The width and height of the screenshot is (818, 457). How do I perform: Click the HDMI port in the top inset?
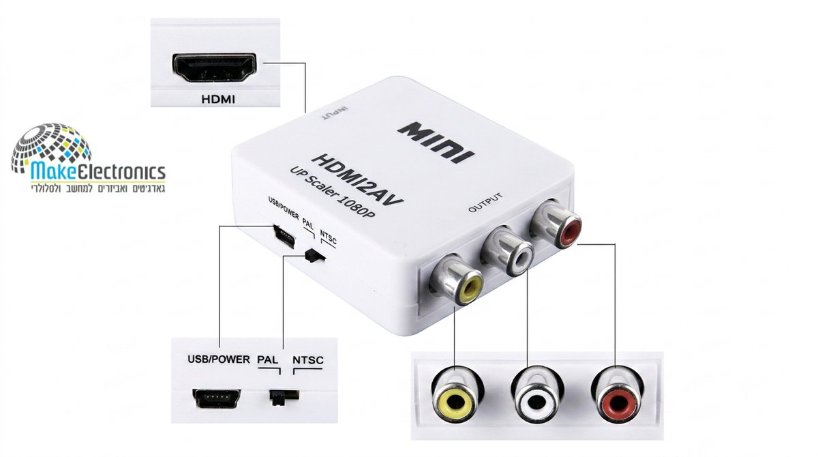[x=214, y=68]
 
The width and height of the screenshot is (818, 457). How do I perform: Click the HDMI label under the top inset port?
[x=218, y=99]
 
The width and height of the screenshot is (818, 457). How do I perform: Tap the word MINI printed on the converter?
[x=436, y=143]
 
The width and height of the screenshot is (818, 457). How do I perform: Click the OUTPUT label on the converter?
[x=485, y=203]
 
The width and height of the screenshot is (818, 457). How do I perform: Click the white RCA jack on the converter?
[x=508, y=250]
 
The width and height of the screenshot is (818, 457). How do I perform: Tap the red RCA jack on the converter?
[x=555, y=223]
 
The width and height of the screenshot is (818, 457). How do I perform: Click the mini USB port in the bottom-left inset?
[x=217, y=398]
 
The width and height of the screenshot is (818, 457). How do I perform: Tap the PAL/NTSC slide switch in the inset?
[x=284, y=396]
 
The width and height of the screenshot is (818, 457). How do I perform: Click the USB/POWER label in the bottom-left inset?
[x=219, y=359]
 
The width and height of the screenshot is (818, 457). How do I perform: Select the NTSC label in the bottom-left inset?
[x=308, y=360]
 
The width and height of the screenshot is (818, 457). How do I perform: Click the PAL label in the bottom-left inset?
[x=268, y=359]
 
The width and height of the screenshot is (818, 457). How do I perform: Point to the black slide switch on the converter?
[x=315, y=255]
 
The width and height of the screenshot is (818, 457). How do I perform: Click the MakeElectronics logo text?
[x=98, y=171]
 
